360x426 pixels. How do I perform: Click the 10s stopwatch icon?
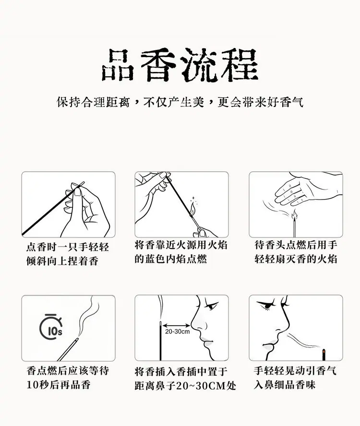pos(51,327)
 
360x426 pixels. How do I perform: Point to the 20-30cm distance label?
pos(177,331)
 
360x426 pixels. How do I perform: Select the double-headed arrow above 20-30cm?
pos(177,325)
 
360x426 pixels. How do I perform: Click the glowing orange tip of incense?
pos(324,351)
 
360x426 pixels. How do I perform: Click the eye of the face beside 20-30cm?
pos(211,306)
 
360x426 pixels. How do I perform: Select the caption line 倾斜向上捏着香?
pos(62,261)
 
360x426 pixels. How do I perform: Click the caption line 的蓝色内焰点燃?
pos(171,259)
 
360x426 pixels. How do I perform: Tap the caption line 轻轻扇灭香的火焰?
pos(296,259)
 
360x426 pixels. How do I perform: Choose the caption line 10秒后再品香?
pos(59,385)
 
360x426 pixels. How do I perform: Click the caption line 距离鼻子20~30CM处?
pos(185,386)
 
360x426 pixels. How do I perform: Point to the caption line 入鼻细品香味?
pos(285,385)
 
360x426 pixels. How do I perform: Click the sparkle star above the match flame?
pos(193,198)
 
